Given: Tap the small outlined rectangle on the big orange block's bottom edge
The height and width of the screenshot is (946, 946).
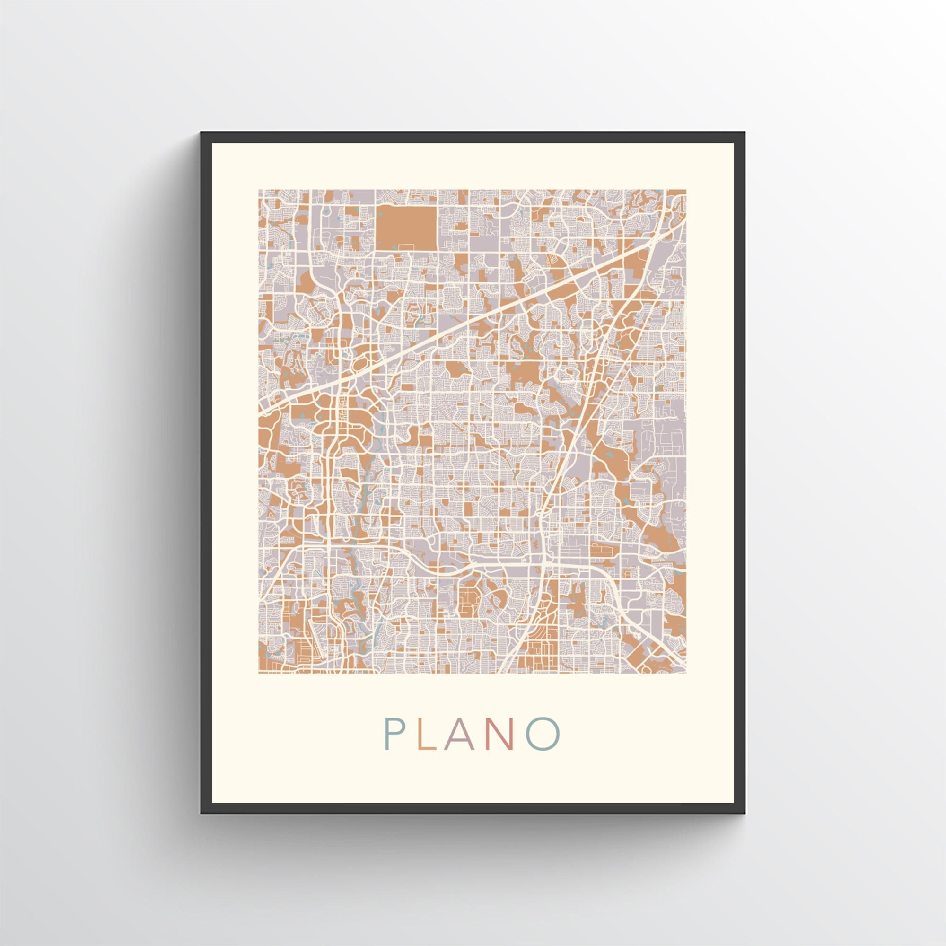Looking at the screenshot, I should click(x=406, y=245).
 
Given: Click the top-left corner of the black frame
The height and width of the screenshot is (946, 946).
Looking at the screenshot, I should click(x=201, y=133).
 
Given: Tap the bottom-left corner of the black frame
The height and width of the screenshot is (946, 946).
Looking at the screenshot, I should click(x=201, y=813).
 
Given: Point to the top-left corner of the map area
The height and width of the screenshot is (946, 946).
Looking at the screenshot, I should click(x=259, y=190).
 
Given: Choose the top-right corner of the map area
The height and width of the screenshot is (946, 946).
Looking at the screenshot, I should click(x=685, y=190).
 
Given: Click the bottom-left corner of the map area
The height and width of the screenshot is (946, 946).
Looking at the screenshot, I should click(x=259, y=673).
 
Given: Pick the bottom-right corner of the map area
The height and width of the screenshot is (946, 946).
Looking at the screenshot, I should click(x=685, y=673).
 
